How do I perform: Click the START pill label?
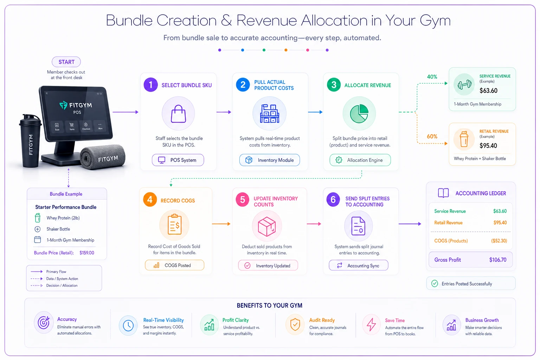[66, 62]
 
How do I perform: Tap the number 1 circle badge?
[151, 85]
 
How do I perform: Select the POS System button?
[178, 160]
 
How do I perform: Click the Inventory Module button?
[270, 160]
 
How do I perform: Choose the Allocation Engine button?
[360, 160]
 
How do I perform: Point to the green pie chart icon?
[359, 114]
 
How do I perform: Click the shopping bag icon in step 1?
[178, 114]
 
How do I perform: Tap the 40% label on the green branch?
[432, 77]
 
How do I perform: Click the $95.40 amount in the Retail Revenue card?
[488, 146]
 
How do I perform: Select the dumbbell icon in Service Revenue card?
[464, 84]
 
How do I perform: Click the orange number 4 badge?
[150, 200]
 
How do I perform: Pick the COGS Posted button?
[174, 265]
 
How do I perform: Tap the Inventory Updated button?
[268, 265]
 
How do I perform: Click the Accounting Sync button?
[359, 265]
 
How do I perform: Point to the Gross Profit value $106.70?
[498, 260]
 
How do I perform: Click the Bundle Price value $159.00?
[87, 253]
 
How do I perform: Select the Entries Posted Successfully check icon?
[435, 284]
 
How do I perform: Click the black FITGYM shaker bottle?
[30, 141]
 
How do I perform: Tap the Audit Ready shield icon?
[295, 324]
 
